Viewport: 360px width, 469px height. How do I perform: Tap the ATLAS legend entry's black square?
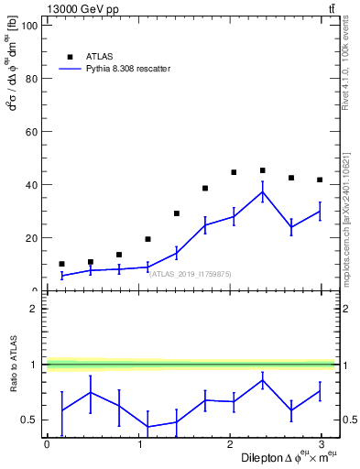(70, 56)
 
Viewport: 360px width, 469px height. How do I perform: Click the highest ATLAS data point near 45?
(263, 170)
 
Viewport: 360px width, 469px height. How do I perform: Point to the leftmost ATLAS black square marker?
(61, 264)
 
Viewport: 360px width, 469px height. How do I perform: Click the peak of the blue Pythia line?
(263, 192)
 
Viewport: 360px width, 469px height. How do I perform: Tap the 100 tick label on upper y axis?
(27, 26)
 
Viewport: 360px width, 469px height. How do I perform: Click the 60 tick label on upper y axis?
(30, 132)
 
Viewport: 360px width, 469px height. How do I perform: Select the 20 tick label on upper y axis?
(30, 238)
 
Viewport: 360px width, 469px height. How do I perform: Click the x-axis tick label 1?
(139, 443)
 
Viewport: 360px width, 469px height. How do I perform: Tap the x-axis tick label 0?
(47, 443)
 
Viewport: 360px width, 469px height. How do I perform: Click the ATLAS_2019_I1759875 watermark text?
(190, 274)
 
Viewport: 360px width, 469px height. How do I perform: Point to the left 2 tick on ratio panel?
(35, 309)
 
